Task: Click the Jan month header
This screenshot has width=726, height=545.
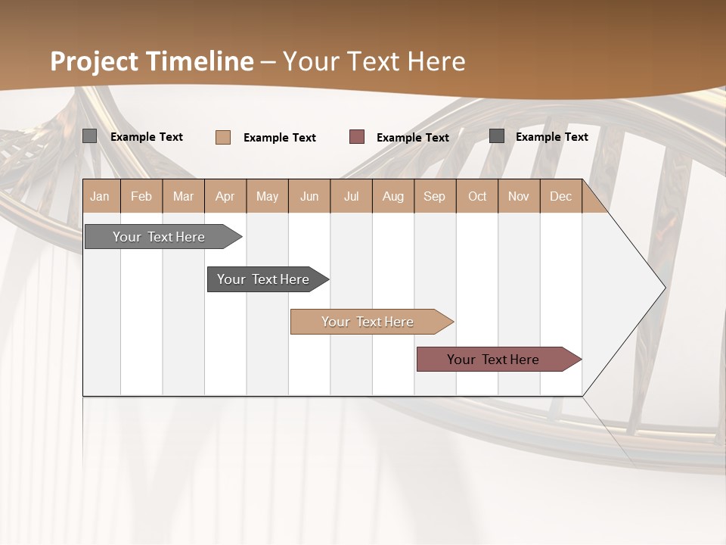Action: (x=100, y=197)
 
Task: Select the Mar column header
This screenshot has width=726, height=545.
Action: (x=183, y=197)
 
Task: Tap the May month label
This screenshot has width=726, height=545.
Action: (x=267, y=197)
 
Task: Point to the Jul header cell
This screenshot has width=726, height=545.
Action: (x=351, y=197)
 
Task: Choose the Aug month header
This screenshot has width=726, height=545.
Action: (x=392, y=197)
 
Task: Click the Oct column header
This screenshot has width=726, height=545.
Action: (x=477, y=197)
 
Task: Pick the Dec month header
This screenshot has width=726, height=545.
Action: (x=560, y=197)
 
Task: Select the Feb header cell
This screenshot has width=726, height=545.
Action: (x=141, y=197)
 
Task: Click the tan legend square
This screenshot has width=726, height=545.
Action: (x=223, y=137)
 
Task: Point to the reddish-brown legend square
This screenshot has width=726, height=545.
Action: (x=357, y=137)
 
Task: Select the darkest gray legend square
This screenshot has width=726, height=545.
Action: (x=497, y=136)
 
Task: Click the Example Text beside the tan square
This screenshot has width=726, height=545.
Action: (x=279, y=138)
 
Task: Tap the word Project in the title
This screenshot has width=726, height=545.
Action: (x=94, y=61)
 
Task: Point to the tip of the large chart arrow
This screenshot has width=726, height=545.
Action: (x=663, y=288)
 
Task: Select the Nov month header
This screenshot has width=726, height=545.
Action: (x=519, y=197)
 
